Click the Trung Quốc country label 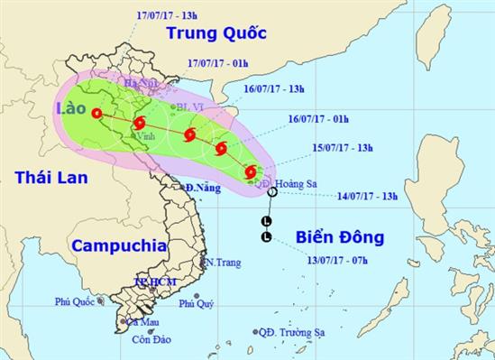215,33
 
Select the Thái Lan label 50,178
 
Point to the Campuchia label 118,244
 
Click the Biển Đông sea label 339,238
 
